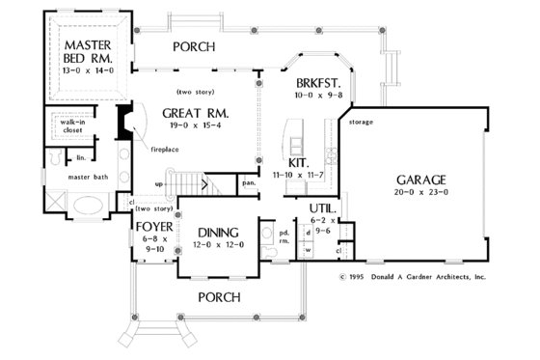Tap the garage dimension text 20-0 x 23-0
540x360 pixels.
click(x=420, y=194)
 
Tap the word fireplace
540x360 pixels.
click(x=165, y=151)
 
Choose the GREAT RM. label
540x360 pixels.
click(x=201, y=110)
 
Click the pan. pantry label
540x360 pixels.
click(x=248, y=181)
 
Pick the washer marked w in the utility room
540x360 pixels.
click(x=308, y=249)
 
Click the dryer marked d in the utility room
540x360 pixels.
click(x=308, y=233)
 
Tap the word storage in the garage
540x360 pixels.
click(x=362, y=123)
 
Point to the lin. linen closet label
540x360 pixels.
click(x=82, y=156)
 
